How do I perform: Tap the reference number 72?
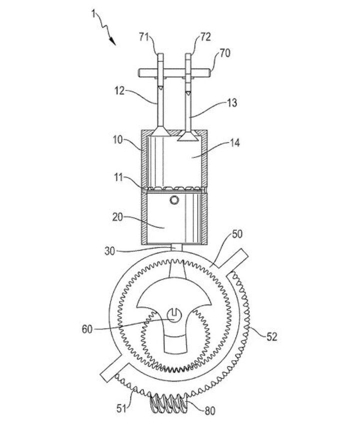191,37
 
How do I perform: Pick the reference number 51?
122,396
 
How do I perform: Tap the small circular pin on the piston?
173,200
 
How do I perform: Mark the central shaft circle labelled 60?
172,316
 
